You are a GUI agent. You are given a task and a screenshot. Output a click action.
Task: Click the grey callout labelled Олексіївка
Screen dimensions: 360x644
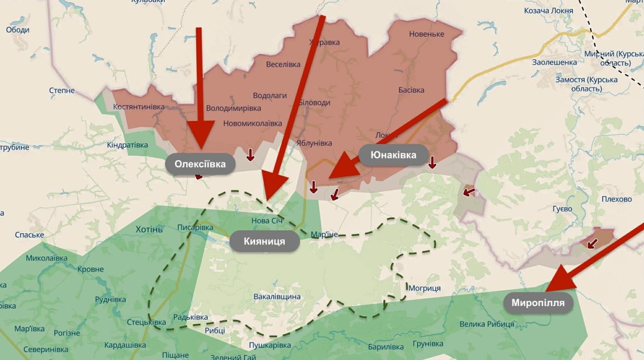(x=200, y=164)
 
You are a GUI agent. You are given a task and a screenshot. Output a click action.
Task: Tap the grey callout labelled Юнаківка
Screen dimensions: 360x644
(x=393, y=154)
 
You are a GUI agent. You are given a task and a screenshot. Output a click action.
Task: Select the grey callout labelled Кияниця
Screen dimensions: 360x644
(x=265, y=241)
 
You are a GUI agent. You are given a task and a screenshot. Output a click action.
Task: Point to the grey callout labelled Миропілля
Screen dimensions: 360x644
(x=538, y=303)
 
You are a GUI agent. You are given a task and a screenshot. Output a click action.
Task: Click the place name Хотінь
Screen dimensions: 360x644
(x=149, y=230)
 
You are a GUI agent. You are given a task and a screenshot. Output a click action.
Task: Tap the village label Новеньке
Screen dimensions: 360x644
(x=427, y=34)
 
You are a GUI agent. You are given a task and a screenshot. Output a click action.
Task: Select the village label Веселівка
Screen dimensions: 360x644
(x=283, y=64)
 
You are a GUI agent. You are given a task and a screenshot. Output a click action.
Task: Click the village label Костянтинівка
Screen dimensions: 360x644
(x=139, y=107)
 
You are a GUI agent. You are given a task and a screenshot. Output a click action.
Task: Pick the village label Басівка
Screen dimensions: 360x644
(x=412, y=90)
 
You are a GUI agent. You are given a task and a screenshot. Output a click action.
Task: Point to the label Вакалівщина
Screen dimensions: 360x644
(x=277, y=297)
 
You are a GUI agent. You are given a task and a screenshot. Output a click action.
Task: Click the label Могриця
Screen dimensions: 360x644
(x=425, y=288)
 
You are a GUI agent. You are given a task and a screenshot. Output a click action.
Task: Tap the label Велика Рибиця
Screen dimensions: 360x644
(x=487, y=324)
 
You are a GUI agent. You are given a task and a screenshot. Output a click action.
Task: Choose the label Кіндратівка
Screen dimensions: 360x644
(x=127, y=145)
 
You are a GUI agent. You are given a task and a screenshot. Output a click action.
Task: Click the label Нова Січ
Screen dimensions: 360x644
(x=267, y=221)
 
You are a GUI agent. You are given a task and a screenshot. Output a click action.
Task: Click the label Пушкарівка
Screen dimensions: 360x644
(x=270, y=345)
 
